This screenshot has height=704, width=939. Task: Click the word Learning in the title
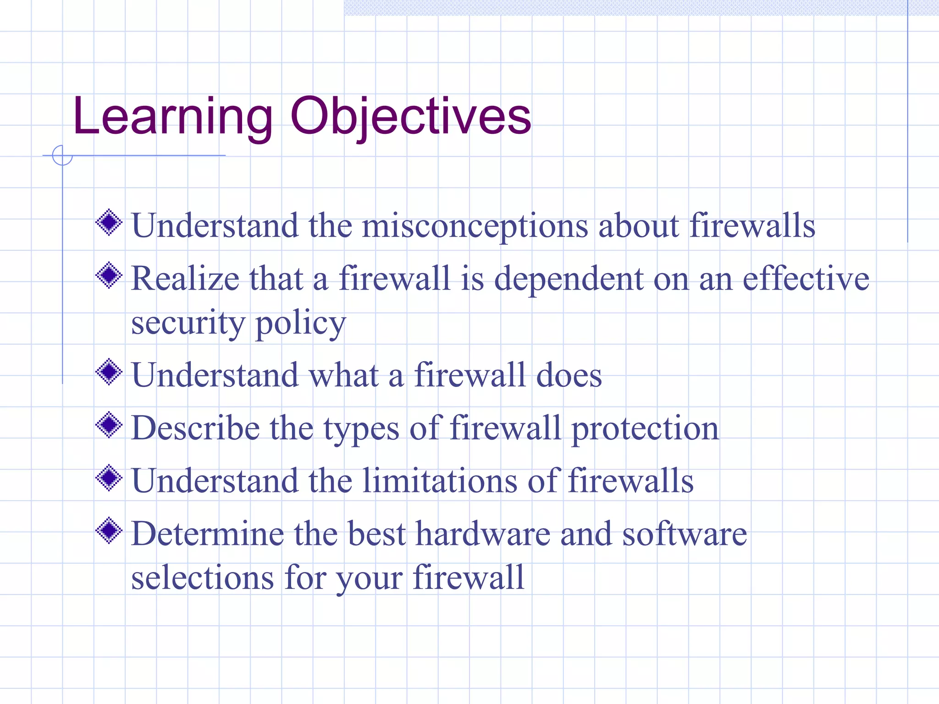[x=172, y=117]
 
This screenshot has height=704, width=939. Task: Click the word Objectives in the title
[x=410, y=117]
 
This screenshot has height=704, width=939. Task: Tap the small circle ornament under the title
[x=62, y=155]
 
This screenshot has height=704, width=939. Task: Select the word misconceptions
[x=475, y=226]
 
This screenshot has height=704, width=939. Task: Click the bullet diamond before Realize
[x=109, y=275]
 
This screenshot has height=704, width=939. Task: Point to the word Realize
[x=185, y=279]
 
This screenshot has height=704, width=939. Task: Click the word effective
[x=806, y=279]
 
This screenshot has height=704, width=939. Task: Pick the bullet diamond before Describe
[x=109, y=425]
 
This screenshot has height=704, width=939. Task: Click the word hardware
[x=483, y=534]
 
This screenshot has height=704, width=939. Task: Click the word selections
[x=202, y=577]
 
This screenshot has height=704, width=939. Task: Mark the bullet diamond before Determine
[x=109, y=531]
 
